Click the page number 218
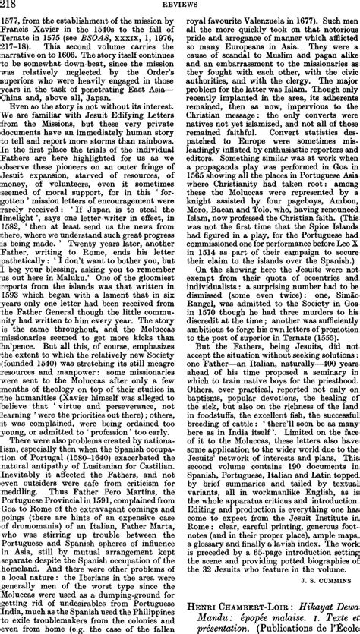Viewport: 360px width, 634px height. tap(11, 5)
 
